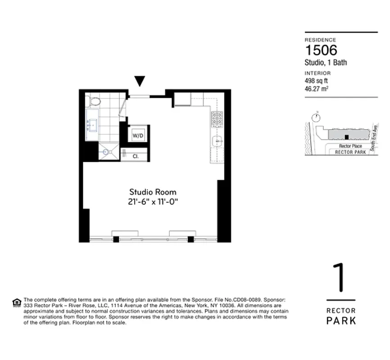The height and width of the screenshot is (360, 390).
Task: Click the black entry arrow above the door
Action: point(140,81)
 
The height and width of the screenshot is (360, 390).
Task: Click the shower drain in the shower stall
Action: point(107,152)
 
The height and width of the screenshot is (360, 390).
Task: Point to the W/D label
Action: point(137,135)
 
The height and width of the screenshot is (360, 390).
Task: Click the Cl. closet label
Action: point(136,156)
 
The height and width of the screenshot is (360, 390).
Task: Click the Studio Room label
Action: point(153,192)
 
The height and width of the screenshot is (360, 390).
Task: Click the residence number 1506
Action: point(321,50)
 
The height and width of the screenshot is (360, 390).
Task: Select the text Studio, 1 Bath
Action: point(326,63)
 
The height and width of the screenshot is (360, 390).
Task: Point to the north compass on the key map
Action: point(317,117)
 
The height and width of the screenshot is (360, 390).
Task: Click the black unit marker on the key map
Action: point(346,137)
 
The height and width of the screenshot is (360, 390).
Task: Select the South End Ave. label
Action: point(373,137)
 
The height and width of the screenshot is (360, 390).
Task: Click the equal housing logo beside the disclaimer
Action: point(17,302)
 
